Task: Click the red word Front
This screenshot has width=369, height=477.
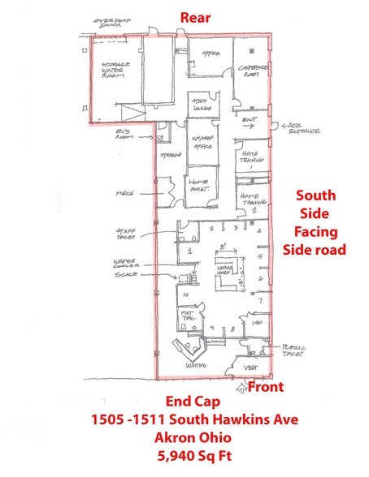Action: point(265,387)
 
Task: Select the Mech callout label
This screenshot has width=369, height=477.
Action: point(124,193)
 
